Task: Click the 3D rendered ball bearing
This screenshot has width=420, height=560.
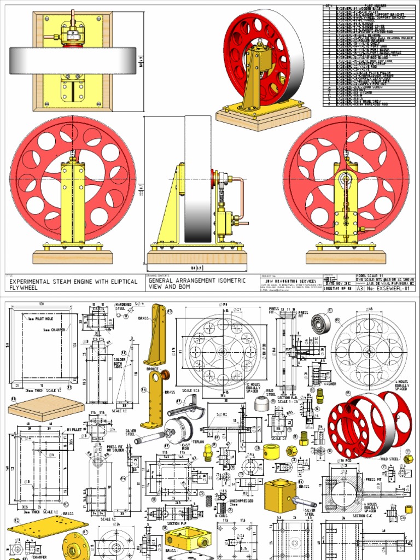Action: (x=320, y=325)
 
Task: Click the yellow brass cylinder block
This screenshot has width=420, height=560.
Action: (x=280, y=495)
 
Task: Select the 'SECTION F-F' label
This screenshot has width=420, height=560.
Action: (x=177, y=523)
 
